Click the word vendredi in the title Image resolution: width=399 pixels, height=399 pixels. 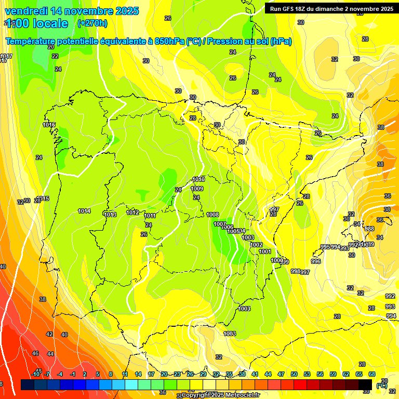27,11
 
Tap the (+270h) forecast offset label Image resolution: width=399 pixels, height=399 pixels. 92,23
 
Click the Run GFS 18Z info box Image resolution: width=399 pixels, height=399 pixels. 329,8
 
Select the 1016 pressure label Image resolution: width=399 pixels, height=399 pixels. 49,125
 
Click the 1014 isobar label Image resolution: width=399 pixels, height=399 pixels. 84,211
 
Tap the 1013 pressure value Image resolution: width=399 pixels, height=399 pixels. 110,215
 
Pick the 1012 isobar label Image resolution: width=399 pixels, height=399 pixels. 132,212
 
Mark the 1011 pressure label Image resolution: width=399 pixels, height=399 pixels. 150,216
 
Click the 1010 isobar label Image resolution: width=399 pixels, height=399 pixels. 198,179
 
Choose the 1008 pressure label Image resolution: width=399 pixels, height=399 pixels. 212,215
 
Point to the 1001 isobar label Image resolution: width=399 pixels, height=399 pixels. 265,251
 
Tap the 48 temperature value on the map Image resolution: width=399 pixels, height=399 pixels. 38,370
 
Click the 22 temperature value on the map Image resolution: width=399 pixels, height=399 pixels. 55,56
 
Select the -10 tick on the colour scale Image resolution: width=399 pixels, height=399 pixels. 35,374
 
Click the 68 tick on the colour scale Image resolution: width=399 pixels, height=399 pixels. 372,374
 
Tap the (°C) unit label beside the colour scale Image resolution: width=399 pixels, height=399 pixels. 381,385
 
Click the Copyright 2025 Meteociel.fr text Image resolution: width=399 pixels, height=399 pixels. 220,395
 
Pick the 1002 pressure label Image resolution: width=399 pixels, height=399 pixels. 256,245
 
